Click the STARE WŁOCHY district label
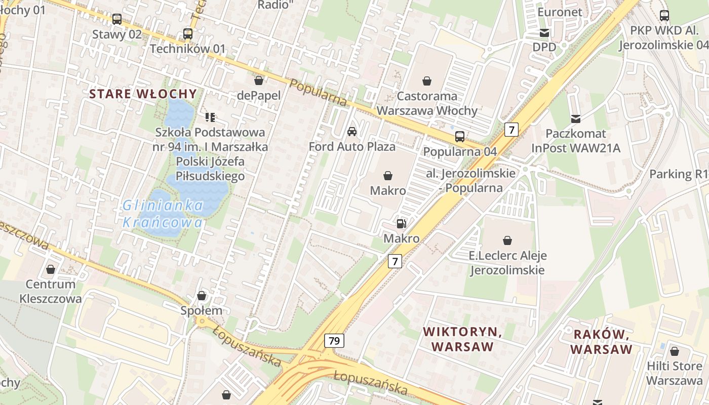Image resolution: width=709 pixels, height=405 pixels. [143, 94]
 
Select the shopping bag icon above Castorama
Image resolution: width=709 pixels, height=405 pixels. [427, 81]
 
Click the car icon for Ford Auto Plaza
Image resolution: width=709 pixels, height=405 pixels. [352, 132]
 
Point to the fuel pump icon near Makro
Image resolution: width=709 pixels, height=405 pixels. [401, 223]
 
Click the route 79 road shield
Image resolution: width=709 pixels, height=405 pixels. [334, 341]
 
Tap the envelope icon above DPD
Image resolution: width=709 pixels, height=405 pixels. [544, 33]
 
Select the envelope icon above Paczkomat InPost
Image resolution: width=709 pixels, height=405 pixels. [576, 119]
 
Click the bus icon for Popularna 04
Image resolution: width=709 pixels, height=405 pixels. [460, 136]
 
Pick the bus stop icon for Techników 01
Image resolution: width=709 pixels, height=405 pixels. [188, 34]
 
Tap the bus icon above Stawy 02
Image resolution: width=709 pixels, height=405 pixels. [117, 19]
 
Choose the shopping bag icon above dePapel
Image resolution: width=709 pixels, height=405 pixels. [259, 80]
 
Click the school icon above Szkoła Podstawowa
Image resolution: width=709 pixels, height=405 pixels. [210, 117]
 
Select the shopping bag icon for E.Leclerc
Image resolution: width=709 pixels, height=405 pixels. [507, 240]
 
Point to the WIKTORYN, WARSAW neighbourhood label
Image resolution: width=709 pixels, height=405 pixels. [462, 339]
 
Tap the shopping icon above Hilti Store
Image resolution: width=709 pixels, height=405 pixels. [675, 351]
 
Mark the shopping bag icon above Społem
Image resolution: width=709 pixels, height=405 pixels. [202, 296]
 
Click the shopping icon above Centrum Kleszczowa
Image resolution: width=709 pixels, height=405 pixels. [51, 269]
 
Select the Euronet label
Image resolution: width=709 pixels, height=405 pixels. [560, 12]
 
